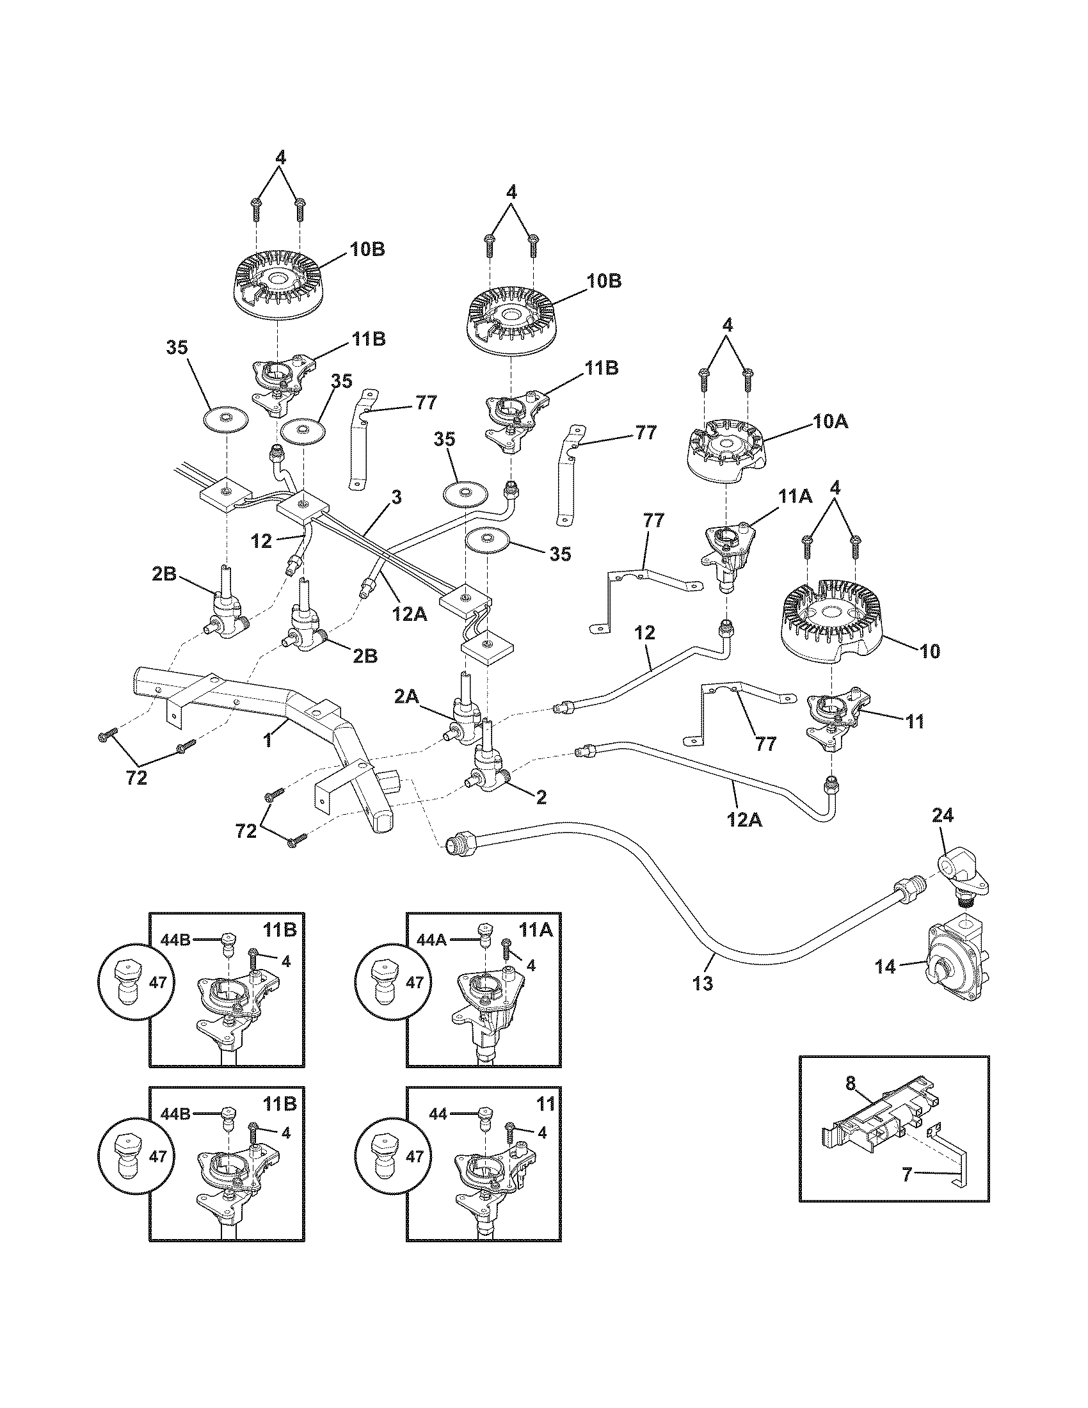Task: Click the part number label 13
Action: pyautogui.click(x=703, y=1001)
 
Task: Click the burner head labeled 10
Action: pyautogui.click(x=831, y=618)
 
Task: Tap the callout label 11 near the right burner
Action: pyautogui.click(x=915, y=721)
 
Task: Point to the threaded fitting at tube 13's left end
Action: pyautogui.click(x=458, y=842)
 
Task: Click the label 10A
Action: pyautogui.click(x=831, y=422)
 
